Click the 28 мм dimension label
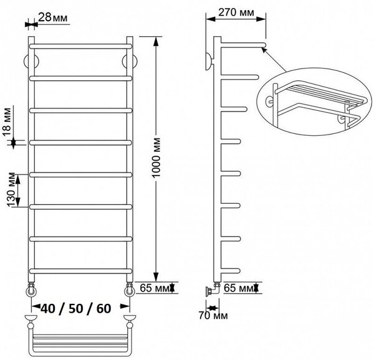coord(53,17)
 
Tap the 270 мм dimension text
coord(236,12)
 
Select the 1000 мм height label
coord(156,158)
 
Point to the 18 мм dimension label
coord(7,121)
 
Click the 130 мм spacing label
coord(11,190)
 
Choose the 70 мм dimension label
coord(213,316)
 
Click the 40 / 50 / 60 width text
coord(76,308)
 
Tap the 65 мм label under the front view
coord(154,288)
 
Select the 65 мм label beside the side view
coord(238,288)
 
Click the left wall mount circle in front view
coord(25,62)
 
